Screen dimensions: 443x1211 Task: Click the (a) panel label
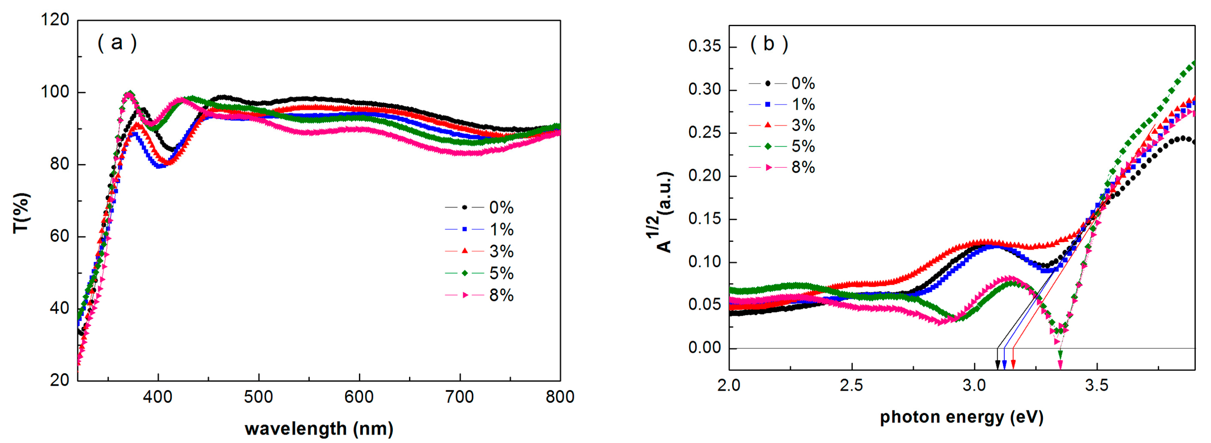117,43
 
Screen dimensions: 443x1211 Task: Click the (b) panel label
768,44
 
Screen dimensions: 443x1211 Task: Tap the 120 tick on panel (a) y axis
55,20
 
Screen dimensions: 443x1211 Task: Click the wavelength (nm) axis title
319,429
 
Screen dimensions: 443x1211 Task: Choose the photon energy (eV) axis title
961,417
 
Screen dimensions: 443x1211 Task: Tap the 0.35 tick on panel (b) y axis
704,47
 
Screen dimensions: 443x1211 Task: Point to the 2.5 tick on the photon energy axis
852,386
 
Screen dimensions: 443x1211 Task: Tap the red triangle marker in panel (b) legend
768,125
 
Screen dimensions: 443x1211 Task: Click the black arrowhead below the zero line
997,365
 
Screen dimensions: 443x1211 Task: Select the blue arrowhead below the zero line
1005,365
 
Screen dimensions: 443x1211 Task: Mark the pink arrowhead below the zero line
1060,365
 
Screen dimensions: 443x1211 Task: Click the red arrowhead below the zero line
1013,365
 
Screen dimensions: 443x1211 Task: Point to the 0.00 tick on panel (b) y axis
704,348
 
